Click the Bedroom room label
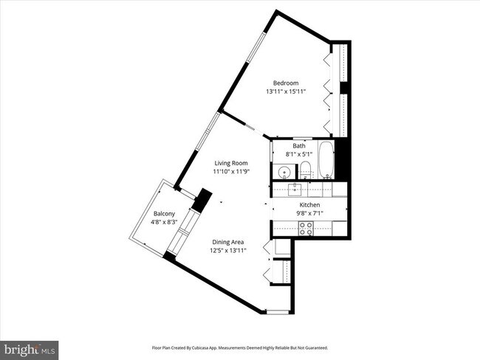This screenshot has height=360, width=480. [x=285, y=83]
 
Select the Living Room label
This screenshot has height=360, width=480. [x=231, y=163]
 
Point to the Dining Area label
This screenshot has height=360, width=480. [x=228, y=242]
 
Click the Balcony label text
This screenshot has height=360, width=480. [x=164, y=214]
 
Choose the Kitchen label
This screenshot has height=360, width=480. [x=309, y=205]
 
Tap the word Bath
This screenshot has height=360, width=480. [x=299, y=146]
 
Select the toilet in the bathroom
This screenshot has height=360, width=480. [x=306, y=171]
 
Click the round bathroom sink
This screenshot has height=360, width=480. [x=284, y=172]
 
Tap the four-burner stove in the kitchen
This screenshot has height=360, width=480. [x=305, y=230]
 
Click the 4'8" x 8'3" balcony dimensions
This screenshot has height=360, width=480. [x=164, y=222]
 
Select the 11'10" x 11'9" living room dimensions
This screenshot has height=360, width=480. [x=231, y=172]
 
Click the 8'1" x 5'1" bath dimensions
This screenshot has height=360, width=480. [x=299, y=155]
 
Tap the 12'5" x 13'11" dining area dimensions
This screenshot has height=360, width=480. [x=228, y=251]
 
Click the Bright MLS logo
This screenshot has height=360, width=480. [x=30, y=347]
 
